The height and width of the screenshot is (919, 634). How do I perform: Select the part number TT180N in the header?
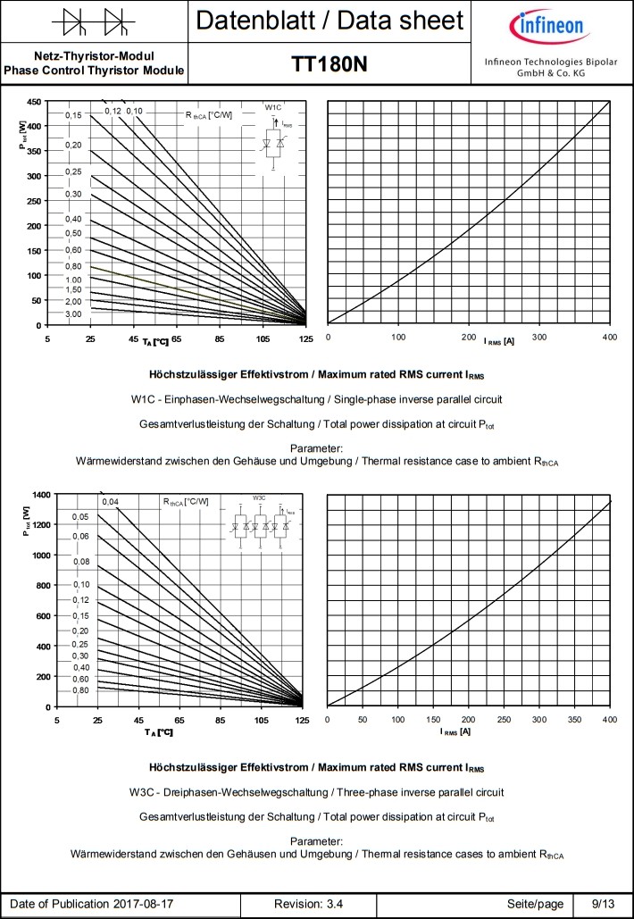coord(329,65)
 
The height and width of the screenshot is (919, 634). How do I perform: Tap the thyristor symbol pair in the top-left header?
coord(93,20)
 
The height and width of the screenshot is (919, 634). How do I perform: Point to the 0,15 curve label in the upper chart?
coord(73,116)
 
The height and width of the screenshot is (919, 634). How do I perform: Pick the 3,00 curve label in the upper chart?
coord(73,314)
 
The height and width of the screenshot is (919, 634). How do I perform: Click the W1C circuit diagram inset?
coord(273,134)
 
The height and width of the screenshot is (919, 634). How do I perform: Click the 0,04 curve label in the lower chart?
coord(110,502)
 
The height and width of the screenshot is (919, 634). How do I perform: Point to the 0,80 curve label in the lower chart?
coord(80,690)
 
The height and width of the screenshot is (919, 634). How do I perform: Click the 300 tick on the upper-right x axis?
coord(538,337)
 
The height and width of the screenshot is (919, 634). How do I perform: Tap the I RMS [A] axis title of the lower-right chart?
coord(455,732)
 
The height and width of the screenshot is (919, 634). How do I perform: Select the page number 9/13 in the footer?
coord(603,905)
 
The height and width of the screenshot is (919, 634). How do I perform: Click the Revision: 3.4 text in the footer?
coord(309,905)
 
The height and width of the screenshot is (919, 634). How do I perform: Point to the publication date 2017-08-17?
coord(143,905)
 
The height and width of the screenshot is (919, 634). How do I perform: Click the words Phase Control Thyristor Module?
coord(94,71)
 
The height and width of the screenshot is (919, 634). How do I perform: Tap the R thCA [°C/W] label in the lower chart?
coord(186,502)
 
